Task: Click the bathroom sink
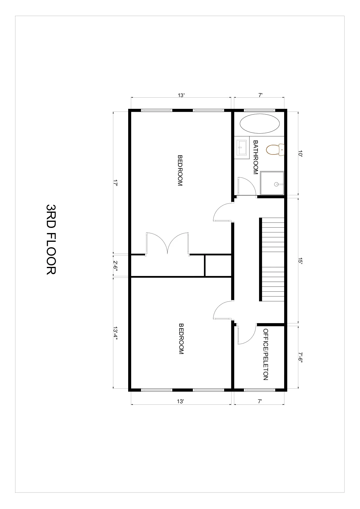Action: coord(242,148)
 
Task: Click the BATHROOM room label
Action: coord(256,157)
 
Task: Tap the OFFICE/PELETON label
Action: coord(266,354)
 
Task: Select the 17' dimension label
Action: coord(115,183)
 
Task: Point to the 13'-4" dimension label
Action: coord(115,333)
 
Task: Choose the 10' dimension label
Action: coord(300,154)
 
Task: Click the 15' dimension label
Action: coord(300,261)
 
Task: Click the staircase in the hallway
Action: coord(272,259)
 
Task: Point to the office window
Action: coord(260,390)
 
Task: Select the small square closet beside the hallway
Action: coord(218,265)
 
